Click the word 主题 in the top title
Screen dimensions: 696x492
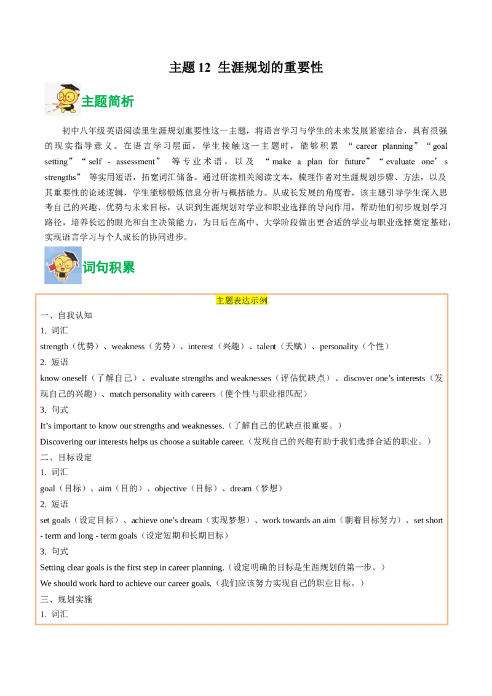[181, 68]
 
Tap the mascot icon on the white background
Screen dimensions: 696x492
[61, 98]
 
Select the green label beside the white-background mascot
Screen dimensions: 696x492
[109, 101]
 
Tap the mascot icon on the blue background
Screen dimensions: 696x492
[61, 266]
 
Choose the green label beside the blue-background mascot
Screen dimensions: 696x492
[109, 268]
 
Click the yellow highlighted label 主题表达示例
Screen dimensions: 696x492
[241, 301]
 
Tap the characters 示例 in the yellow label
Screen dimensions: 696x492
[260, 301]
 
